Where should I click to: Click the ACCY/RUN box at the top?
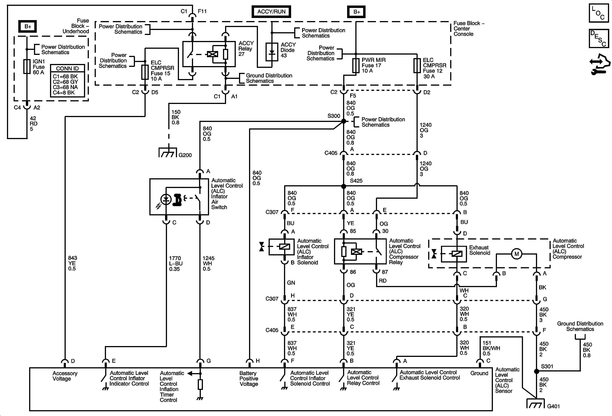pyautogui.click(x=271, y=12)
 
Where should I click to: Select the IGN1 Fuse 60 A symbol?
pyautogui.click(x=27, y=66)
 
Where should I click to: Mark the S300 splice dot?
pyautogui.click(x=344, y=121)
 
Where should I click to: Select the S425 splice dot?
pyautogui.click(x=344, y=186)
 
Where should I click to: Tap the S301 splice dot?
pyautogui.click(x=536, y=371)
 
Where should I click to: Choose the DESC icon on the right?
pyautogui.click(x=599, y=39)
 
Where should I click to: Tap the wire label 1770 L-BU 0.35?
pyautogui.click(x=176, y=263)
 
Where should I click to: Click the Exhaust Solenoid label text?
pyautogui.click(x=479, y=250)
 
